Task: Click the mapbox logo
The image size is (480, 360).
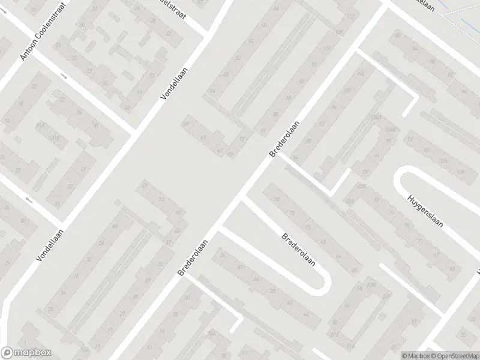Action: pos(26,353)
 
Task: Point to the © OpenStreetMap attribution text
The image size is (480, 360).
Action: pos(454,356)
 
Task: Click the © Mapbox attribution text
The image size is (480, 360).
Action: pos(415,356)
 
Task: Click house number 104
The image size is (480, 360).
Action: pos(360,74)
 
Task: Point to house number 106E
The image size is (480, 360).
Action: pos(393,129)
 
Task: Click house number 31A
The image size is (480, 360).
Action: pos(40,125)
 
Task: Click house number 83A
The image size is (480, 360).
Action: pos(349,202)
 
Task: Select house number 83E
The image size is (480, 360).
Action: pos(362,187)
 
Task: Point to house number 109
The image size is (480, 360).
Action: pos(461,173)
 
